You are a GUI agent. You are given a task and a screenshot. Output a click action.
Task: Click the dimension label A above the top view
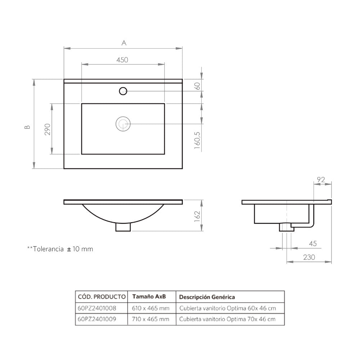124,43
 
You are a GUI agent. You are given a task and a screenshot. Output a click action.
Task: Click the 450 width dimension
122,60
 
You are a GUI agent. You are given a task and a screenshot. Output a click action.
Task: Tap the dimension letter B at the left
27,127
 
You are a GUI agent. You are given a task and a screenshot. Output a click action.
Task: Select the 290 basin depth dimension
48,129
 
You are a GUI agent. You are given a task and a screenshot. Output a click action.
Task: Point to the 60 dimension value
197,86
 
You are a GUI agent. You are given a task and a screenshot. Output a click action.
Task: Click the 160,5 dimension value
197,140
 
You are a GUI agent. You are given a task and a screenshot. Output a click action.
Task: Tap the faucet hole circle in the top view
123,91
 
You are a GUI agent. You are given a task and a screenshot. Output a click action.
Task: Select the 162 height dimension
197,216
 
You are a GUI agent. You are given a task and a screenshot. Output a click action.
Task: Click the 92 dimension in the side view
321,180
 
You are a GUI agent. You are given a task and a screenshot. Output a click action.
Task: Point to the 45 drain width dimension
313,243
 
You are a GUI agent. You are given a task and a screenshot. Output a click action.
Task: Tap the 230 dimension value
309,257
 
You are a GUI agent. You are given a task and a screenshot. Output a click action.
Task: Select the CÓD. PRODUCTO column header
102,297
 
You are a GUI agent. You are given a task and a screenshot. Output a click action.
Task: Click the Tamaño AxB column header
149,296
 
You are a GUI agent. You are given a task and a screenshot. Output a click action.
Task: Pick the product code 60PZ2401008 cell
97,308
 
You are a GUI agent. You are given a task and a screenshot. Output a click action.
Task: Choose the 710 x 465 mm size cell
150,319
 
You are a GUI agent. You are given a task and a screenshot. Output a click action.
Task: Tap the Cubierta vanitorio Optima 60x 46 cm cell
228,308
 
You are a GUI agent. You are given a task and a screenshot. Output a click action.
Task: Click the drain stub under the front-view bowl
123,227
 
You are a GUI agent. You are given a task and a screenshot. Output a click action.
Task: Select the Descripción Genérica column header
207,297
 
